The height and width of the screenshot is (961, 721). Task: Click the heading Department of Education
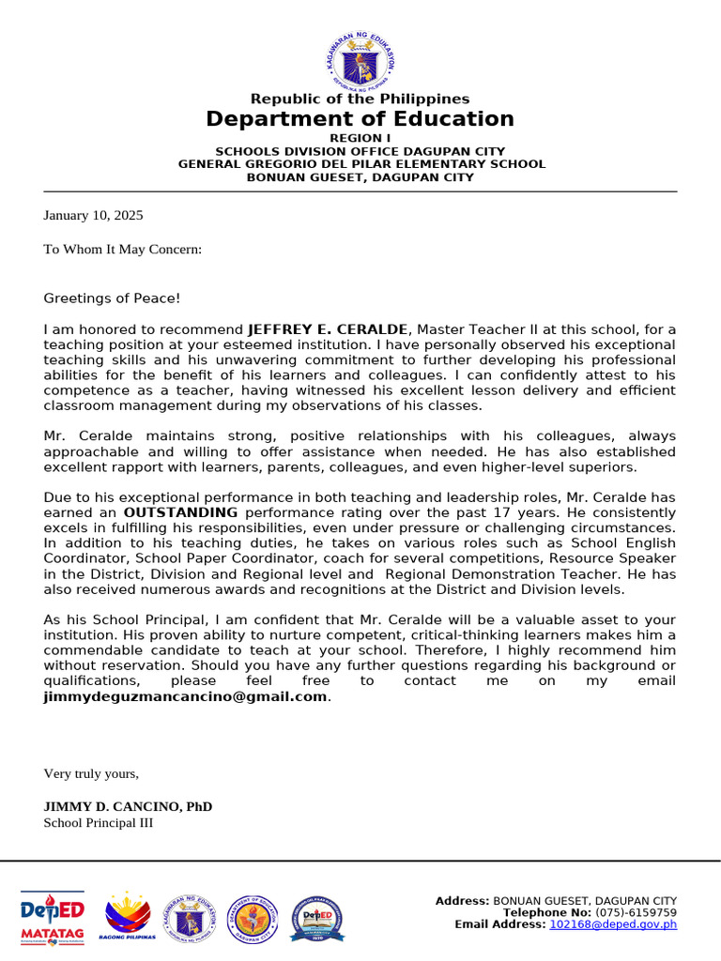(x=360, y=119)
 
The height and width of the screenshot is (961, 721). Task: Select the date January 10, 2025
(x=93, y=215)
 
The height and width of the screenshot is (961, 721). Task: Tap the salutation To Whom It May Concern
(x=122, y=249)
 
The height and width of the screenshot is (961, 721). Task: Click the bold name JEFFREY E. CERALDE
(x=328, y=329)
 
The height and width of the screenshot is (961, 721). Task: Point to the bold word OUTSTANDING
(x=180, y=512)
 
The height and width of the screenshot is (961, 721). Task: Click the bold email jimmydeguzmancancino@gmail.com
(x=186, y=696)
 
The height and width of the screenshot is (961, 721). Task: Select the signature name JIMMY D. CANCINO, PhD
(x=128, y=806)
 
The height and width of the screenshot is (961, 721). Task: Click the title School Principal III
(x=98, y=823)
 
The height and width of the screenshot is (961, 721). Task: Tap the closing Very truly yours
(x=91, y=773)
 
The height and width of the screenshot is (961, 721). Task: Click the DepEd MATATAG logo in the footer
(x=53, y=918)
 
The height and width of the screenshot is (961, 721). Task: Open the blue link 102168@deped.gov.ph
(x=613, y=924)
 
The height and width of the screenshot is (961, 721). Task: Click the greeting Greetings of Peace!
(x=111, y=298)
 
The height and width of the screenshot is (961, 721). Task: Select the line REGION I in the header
(x=360, y=138)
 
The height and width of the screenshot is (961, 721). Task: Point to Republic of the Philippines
(x=360, y=99)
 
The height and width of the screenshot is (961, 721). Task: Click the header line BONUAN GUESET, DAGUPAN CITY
(x=360, y=177)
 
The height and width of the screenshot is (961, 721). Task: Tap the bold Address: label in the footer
(x=462, y=901)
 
